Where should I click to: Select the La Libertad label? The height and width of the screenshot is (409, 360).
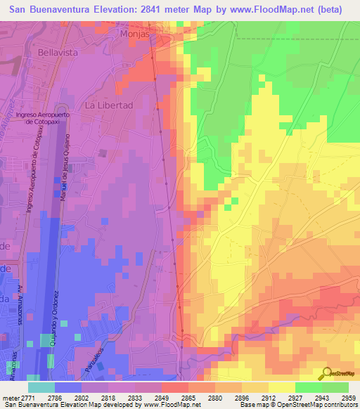click(x=109, y=105)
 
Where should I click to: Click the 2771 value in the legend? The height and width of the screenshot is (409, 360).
click(x=28, y=398)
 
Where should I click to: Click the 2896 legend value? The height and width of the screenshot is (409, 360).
click(x=242, y=398)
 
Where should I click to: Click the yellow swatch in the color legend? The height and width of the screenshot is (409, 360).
click(x=281, y=387)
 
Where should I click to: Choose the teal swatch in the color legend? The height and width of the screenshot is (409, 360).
click(x=41, y=387)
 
